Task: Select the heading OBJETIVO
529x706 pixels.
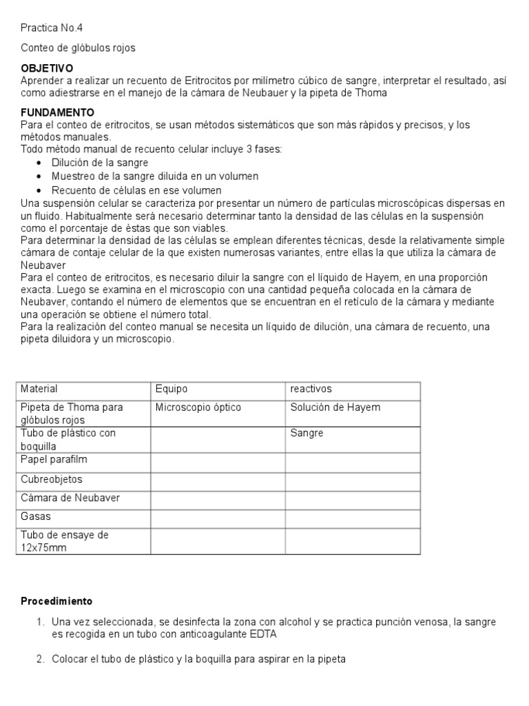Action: tap(47, 69)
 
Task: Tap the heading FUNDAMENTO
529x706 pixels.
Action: tap(58, 112)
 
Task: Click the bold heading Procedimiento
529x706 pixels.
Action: tap(56, 601)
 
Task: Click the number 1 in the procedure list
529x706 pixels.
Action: tap(41, 622)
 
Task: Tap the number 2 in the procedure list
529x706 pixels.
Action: tap(41, 659)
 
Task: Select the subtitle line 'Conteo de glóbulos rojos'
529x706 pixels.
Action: tap(78, 48)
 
